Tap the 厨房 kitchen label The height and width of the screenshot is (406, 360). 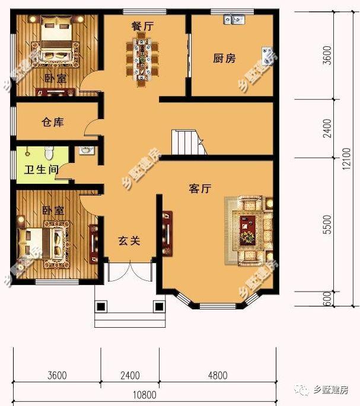click(224, 58)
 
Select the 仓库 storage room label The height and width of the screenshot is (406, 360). click(52, 123)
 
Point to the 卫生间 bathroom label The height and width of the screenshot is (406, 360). click(41, 170)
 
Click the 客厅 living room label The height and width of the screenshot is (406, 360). click(200, 188)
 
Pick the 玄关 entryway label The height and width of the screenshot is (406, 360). click(128, 241)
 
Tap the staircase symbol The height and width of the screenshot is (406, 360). click(187, 142)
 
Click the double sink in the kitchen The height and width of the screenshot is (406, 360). click(234, 20)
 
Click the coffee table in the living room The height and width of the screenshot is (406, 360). click(247, 230)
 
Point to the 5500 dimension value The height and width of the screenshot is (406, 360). click(327, 226)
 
